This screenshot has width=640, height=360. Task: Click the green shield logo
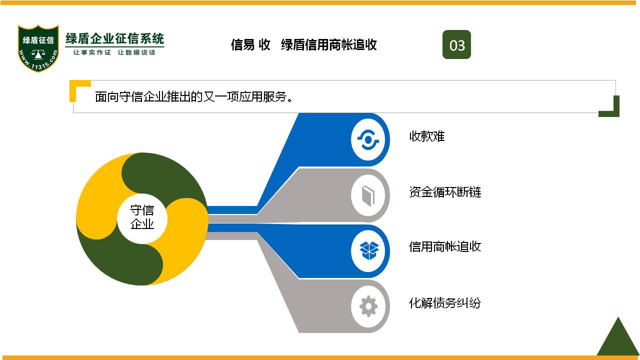[38, 48]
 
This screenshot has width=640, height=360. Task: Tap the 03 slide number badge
[456, 44]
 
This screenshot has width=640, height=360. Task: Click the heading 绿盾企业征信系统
[114, 38]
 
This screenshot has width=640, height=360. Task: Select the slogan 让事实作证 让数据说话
[114, 52]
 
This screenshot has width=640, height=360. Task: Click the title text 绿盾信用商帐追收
[329, 45]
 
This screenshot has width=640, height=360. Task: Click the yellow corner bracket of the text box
[76, 88]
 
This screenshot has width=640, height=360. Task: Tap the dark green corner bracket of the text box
[612, 108]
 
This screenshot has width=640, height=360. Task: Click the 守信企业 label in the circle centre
[142, 217]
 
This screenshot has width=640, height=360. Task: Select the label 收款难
[427, 136]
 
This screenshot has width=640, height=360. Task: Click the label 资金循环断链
[445, 192]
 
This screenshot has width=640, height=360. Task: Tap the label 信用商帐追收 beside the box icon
[445, 246]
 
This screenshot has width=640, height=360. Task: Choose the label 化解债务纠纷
[445, 303]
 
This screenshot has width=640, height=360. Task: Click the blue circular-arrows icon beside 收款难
[368, 139]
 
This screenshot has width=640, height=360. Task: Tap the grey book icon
[368, 195]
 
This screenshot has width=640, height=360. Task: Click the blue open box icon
[369, 250]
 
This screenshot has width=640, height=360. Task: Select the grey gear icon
[368, 306]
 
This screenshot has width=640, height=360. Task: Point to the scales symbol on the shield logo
[38, 54]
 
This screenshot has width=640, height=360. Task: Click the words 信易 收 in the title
[250, 45]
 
